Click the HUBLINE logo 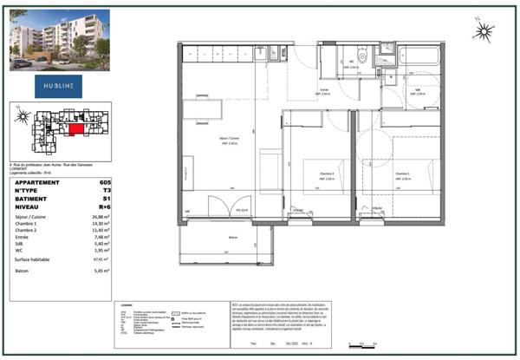(x=60, y=86)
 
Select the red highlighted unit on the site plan (x=78, y=128)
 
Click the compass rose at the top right (x=484, y=34)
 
